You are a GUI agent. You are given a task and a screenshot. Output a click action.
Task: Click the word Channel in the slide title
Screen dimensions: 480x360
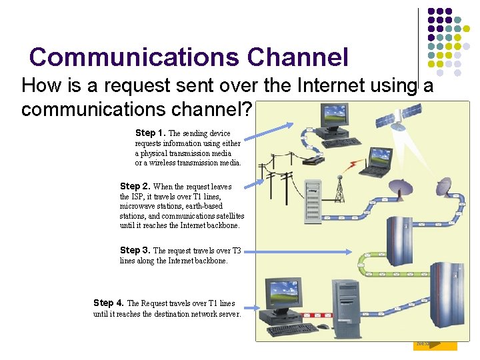click(297, 57)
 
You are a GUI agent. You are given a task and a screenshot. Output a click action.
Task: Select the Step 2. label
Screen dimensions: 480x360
click(135, 187)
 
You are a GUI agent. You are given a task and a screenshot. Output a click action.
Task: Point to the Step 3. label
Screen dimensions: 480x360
click(135, 251)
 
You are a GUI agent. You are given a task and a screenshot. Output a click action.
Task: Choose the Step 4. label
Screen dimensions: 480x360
click(109, 303)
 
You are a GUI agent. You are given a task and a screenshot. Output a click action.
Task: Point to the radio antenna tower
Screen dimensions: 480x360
click(339, 189)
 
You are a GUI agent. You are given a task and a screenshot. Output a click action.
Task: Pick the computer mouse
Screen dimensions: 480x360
click(323, 327)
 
